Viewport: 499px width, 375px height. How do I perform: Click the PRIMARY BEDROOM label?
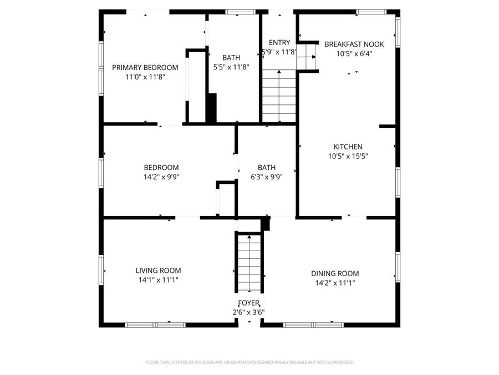(x=145, y=67)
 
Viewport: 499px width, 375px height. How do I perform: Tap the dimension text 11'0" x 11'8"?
(x=145, y=77)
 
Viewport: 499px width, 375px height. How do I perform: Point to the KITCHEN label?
(x=348, y=147)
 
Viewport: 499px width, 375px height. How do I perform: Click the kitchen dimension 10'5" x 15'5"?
(x=348, y=156)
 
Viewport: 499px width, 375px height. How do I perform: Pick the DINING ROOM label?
(x=334, y=273)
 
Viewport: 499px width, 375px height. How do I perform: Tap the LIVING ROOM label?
(x=158, y=271)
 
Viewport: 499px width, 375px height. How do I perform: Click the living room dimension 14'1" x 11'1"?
(x=158, y=280)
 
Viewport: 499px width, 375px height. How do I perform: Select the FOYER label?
(x=248, y=303)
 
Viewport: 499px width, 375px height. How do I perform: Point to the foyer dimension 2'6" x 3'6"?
(x=248, y=312)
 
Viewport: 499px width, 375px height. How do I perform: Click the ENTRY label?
(x=279, y=43)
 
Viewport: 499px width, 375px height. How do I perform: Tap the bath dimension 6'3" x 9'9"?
(x=266, y=177)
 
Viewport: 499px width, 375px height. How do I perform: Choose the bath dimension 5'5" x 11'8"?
(x=231, y=67)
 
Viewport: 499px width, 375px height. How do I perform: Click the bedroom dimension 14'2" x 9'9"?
(x=161, y=177)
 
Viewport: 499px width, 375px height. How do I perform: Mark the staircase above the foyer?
(x=249, y=262)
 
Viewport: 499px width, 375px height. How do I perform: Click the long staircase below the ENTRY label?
(x=279, y=96)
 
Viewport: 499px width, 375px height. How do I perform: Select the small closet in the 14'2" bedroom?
(x=225, y=198)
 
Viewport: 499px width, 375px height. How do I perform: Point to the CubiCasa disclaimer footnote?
(x=249, y=362)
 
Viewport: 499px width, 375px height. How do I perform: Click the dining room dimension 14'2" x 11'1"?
(x=334, y=283)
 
